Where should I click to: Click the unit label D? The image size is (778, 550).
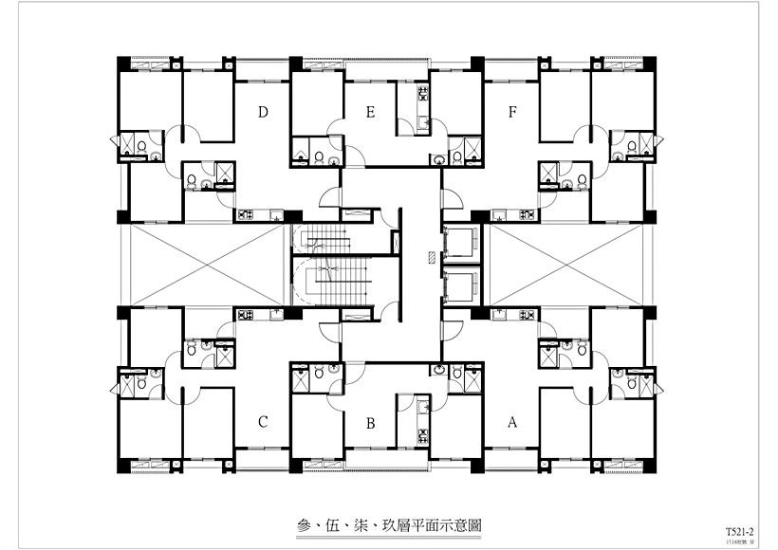coord(263,112)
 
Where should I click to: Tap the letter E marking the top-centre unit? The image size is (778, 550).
coord(370,112)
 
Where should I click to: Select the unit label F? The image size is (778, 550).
coord(512,112)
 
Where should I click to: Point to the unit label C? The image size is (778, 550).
coord(263,423)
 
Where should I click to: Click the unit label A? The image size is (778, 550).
coord(512,423)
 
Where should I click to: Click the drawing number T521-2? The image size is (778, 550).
coord(740,533)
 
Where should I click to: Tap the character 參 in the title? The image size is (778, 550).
coord(305,524)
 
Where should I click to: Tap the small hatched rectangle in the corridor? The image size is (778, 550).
coord(432,255)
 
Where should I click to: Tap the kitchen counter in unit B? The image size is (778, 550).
coord(422,421)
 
